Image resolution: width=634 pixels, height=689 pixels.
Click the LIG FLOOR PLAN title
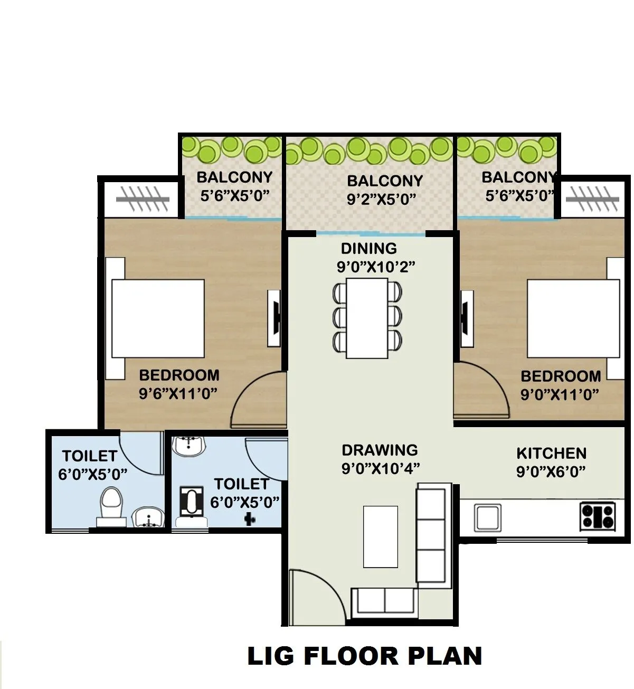[364, 656]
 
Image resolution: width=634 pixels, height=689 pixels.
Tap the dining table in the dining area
[367, 317]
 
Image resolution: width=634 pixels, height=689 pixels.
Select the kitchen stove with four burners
[598, 516]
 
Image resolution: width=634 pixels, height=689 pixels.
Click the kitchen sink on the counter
[487, 517]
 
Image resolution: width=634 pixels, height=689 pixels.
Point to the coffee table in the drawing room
[380, 536]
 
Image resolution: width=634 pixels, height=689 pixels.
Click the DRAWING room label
[380, 450]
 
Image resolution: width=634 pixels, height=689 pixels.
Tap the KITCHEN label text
[551, 454]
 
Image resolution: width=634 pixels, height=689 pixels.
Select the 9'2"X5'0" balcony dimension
[382, 199]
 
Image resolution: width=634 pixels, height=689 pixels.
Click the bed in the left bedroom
[157, 319]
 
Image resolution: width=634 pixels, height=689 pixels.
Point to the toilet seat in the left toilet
[111, 504]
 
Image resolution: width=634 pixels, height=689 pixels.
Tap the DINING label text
[368, 249]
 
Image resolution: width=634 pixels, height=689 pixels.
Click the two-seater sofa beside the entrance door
[385, 600]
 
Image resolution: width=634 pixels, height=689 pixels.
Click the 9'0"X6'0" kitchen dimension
[551, 471]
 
